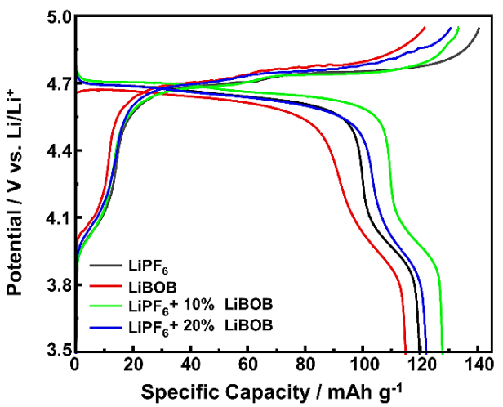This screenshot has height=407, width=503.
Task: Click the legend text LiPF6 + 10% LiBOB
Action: coord(200,306)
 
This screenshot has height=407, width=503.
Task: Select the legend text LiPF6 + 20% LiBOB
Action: coord(200,326)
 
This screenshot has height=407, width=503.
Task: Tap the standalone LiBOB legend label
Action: coord(149,287)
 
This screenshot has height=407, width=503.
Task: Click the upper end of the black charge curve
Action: coord(479,28)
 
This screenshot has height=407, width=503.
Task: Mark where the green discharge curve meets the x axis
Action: coord(442,349)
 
